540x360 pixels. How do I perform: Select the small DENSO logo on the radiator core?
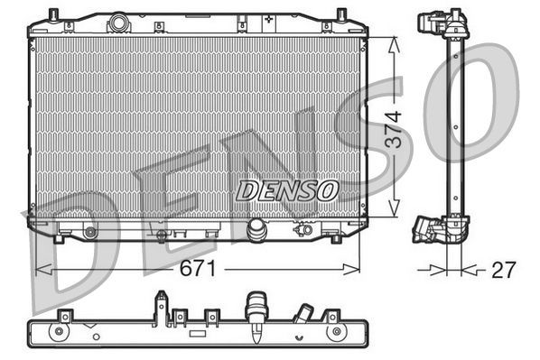(287, 189)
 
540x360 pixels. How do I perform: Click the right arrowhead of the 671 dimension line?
(358, 268)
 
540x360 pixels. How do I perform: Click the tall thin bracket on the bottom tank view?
(160, 306)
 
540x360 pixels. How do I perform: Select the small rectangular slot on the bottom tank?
(198, 332)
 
